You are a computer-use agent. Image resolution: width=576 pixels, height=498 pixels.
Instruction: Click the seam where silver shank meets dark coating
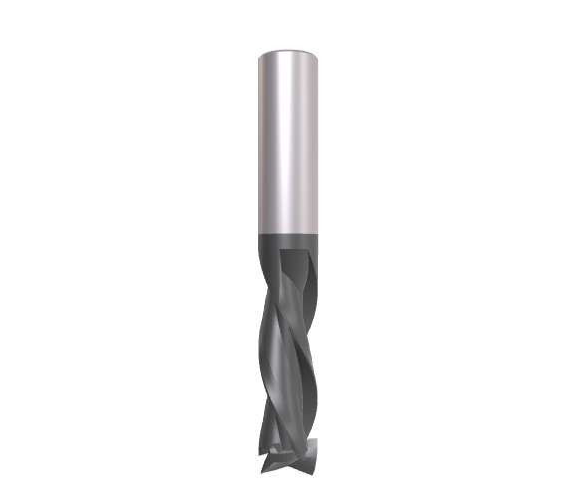pyautogui.click(x=288, y=231)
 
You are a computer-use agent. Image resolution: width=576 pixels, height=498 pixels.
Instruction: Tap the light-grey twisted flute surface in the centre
pyautogui.click(x=289, y=329)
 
